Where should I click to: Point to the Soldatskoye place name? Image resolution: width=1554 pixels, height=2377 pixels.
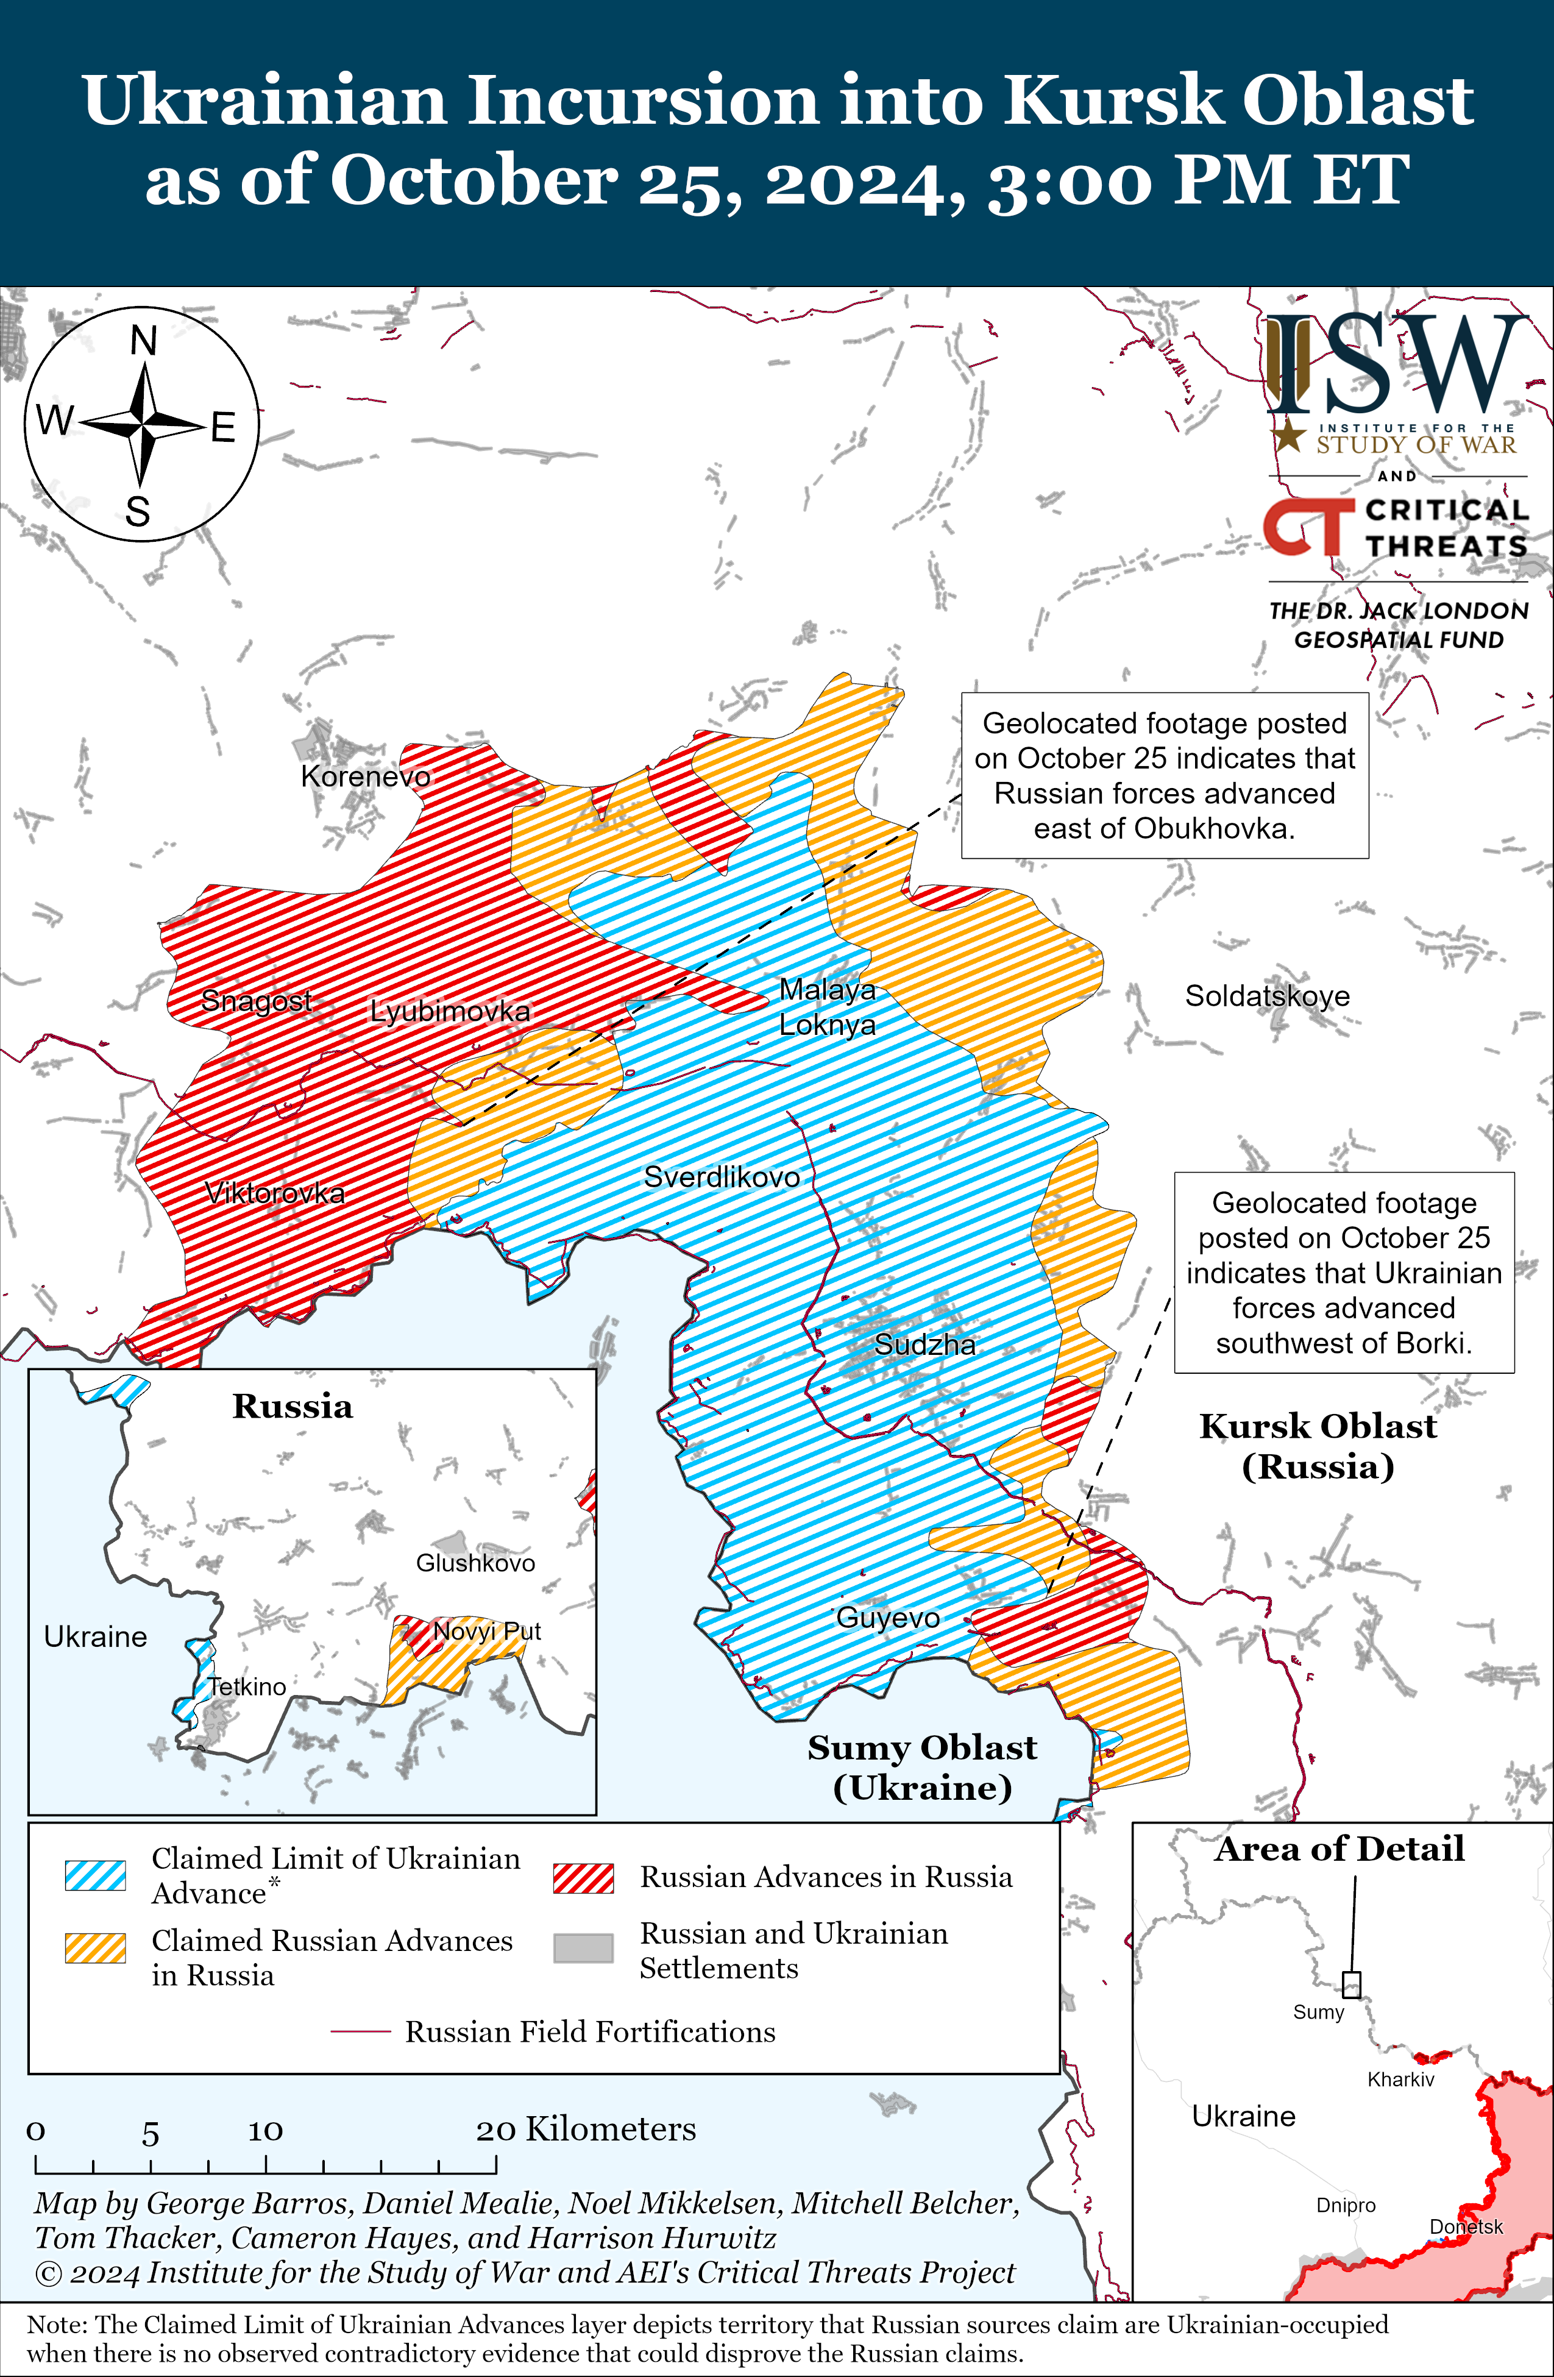point(1266,996)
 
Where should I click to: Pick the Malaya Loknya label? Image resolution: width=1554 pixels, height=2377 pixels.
point(827,1007)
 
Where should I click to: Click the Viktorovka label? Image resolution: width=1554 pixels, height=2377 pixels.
point(275,1193)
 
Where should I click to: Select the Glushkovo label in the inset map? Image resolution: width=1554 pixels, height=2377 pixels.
point(475,1563)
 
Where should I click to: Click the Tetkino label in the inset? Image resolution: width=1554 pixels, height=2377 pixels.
point(247,1687)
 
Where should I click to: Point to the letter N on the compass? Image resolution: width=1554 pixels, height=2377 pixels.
point(144,341)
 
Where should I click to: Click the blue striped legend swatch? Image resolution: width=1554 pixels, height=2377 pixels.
point(95,1875)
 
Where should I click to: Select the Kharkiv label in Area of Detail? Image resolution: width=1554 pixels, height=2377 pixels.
point(1400,2080)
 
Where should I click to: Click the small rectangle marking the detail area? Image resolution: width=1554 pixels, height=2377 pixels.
point(1351,1984)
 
